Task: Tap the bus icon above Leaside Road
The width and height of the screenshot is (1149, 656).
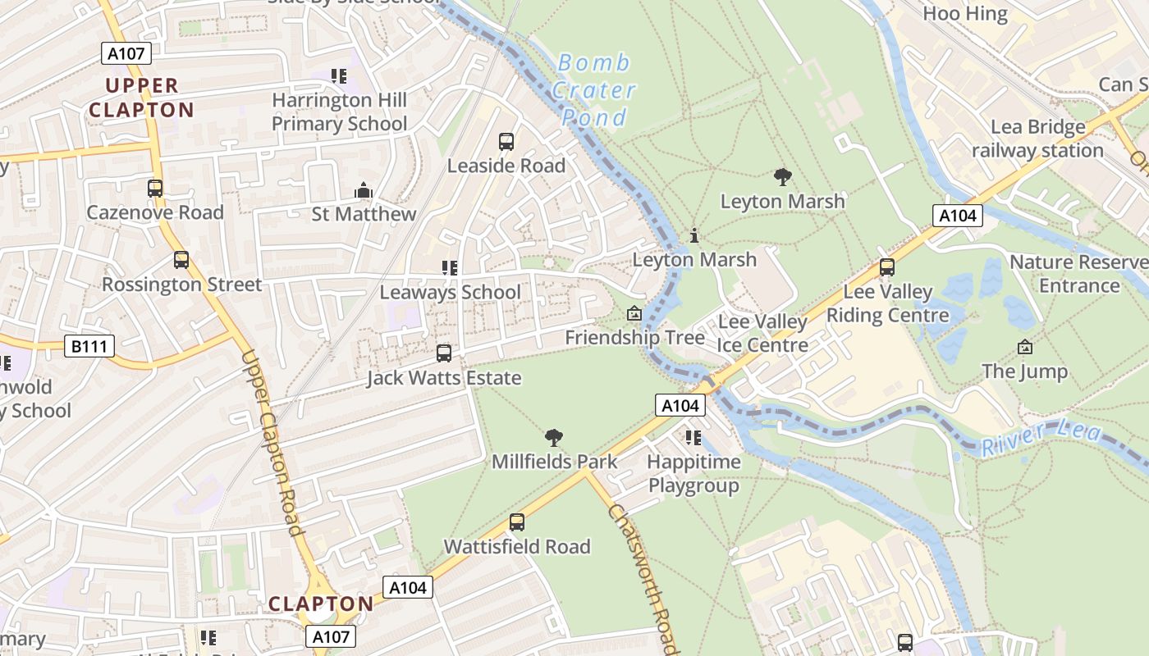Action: (x=506, y=141)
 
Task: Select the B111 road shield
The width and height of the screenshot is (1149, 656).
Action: (x=89, y=346)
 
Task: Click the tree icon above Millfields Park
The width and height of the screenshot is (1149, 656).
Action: (x=554, y=438)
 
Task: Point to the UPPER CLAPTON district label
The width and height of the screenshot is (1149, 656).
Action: (x=141, y=98)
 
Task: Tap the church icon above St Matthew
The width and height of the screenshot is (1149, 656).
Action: (x=364, y=191)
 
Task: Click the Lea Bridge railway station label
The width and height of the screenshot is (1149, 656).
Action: (x=1037, y=139)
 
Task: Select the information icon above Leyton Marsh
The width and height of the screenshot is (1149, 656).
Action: (x=694, y=236)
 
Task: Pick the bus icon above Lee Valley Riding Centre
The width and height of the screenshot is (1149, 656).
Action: (x=886, y=267)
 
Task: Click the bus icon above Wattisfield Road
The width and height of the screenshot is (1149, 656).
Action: (x=516, y=522)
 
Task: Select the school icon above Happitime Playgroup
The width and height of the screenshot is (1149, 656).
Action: (x=694, y=438)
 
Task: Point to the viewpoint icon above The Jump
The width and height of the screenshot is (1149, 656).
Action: (x=1024, y=348)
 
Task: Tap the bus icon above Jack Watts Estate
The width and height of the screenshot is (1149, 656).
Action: (x=443, y=353)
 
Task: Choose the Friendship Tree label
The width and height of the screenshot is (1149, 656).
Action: (x=634, y=337)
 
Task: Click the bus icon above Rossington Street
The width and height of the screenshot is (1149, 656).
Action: (x=181, y=260)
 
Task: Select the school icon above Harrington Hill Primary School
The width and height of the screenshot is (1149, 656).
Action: (x=339, y=76)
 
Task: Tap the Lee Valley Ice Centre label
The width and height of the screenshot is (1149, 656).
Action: (x=762, y=333)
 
